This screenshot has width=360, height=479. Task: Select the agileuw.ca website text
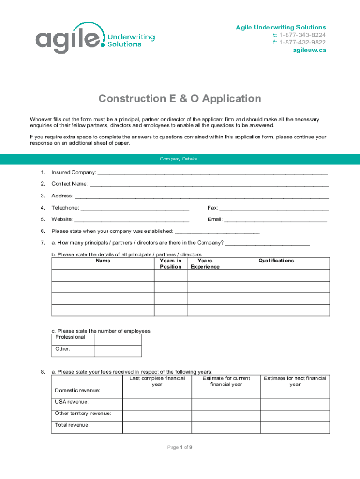pos(310,51)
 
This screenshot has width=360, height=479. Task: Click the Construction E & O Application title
pos(180,99)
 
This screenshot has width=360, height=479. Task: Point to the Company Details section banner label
pos(180,159)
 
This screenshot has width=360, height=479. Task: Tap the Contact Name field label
pos(70,184)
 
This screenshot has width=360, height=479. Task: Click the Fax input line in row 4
pos(274,208)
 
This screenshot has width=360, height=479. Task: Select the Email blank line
pos(276,220)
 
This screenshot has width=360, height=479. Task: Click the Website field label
pos(62,219)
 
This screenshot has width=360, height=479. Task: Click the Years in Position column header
pos(171,263)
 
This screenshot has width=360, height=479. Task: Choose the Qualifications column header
pos(276,261)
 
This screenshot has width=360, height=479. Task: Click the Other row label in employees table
pos(63,349)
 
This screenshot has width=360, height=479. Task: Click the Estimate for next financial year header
pos(295,381)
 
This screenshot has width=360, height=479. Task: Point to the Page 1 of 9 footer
pos(180,447)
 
